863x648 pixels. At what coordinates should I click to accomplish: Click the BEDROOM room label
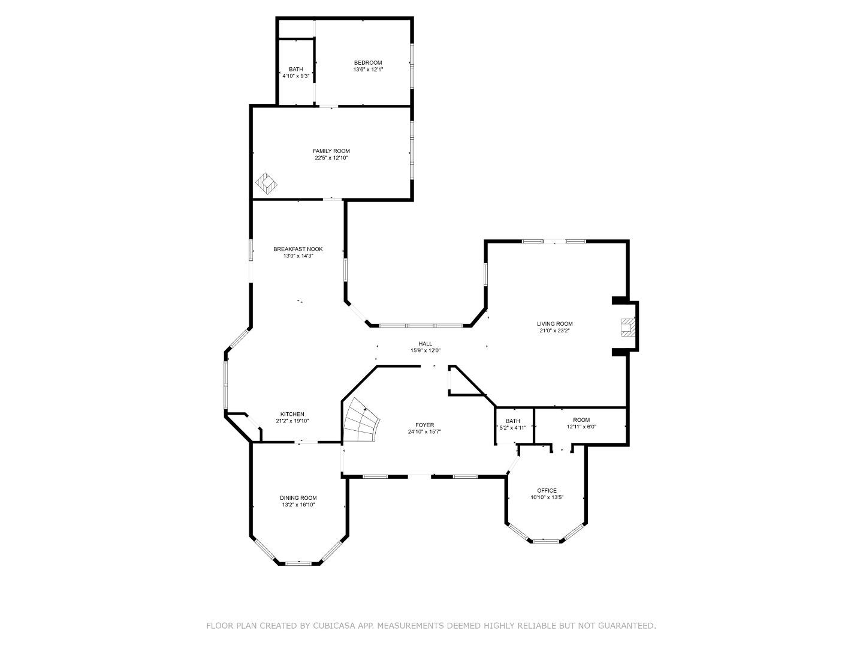coord(367,63)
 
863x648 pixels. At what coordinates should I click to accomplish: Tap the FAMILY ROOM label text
coord(331,151)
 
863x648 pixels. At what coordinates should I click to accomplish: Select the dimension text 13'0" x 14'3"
coord(298,256)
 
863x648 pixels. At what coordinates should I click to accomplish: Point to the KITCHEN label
coord(292,415)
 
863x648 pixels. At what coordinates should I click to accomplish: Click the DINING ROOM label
coord(298,498)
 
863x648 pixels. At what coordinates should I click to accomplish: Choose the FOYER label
coord(424,425)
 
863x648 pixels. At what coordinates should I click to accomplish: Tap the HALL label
coord(426,344)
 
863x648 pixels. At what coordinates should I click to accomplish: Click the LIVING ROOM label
coord(554,324)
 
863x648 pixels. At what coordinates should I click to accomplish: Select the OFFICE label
coord(547,490)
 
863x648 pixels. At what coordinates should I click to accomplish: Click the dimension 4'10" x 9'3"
coord(296,76)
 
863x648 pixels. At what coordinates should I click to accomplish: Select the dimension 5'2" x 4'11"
coord(512,428)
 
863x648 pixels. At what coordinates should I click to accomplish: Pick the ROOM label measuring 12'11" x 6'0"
coord(581,420)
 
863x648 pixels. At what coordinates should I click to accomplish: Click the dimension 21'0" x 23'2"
coord(554,331)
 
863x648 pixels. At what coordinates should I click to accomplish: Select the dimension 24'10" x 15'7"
coord(424,432)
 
